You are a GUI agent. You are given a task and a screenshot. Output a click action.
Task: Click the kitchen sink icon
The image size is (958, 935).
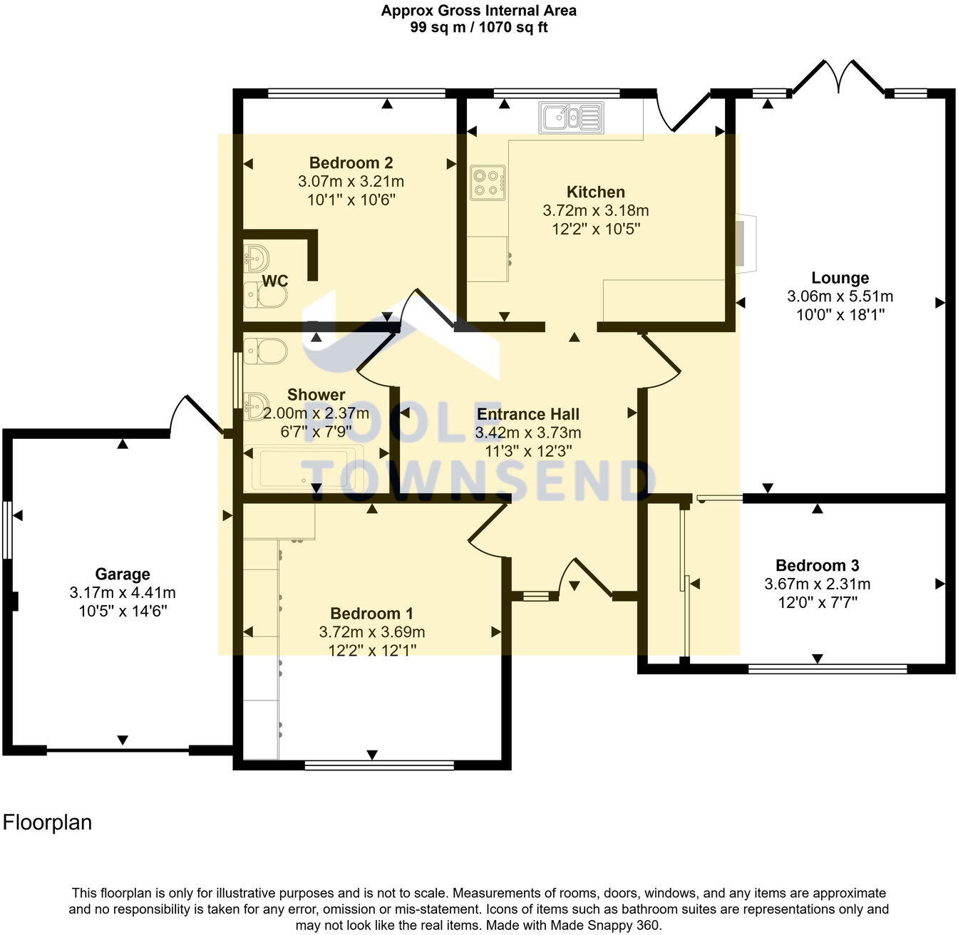point(571,118)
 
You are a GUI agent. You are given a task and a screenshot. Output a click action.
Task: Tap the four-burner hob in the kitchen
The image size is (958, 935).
point(488,182)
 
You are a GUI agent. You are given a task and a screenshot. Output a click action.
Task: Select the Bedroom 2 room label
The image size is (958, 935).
point(351,162)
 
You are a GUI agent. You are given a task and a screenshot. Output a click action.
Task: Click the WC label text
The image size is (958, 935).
point(274,281)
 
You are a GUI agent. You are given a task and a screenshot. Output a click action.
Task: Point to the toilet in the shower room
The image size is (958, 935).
point(264,351)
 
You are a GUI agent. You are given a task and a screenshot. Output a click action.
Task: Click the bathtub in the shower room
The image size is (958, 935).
point(304,468)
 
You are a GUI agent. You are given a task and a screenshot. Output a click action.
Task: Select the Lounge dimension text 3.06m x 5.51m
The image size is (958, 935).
point(840,296)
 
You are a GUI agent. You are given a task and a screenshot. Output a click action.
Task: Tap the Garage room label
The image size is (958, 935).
point(123,574)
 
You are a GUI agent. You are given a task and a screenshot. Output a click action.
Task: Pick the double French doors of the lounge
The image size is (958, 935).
point(839,78)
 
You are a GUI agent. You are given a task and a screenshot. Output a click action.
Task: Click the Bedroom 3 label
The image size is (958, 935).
point(817,565)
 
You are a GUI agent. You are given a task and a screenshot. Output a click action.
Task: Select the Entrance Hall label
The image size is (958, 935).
point(527,414)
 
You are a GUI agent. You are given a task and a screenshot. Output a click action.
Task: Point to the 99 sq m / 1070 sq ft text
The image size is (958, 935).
point(478,28)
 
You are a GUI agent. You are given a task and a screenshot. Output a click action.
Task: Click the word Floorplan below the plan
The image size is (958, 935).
point(48,822)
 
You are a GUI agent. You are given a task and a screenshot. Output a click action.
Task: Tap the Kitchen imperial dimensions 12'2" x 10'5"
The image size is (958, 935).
point(596,229)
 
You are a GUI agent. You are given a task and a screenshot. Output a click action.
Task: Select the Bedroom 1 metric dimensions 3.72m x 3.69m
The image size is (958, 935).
point(371,631)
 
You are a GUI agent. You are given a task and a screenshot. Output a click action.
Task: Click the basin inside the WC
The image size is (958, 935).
point(255,256)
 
